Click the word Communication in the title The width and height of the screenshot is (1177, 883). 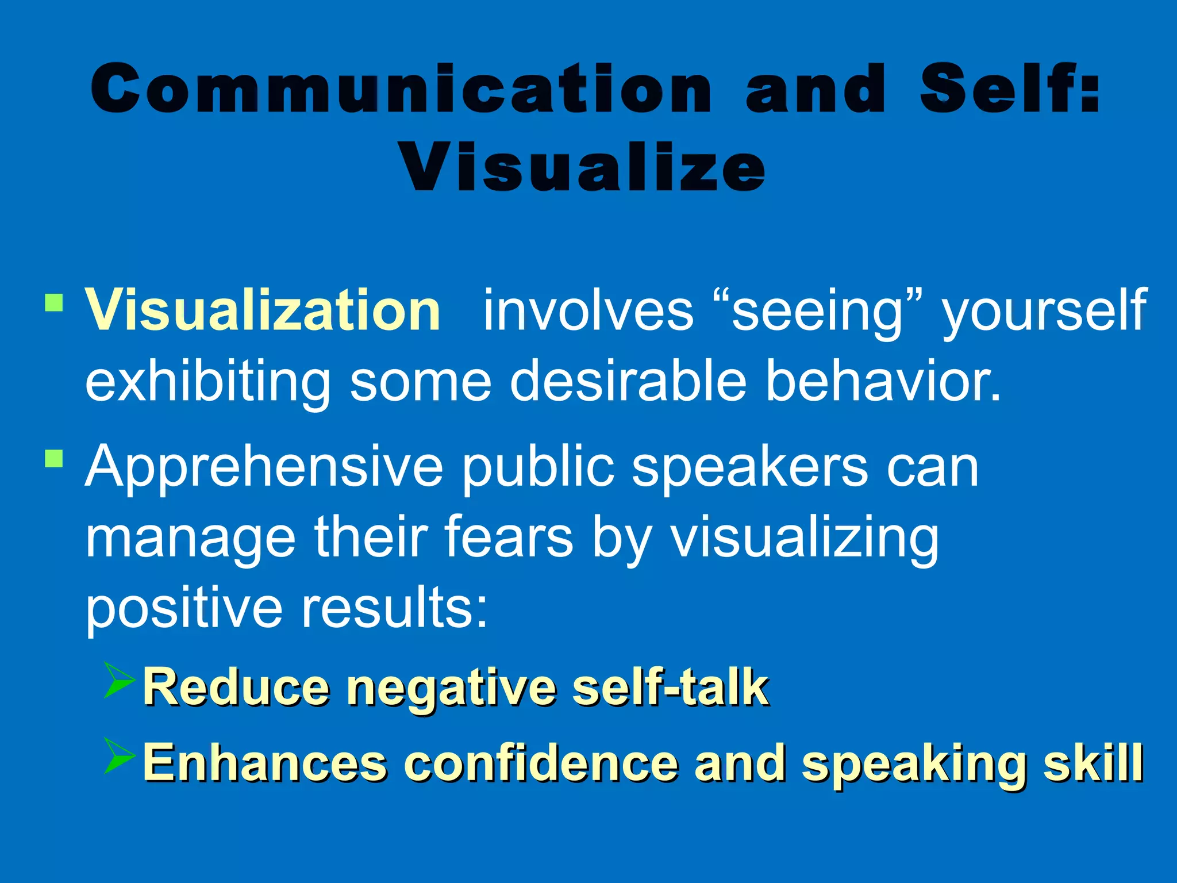[401, 89]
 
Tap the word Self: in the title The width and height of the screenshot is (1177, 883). [1010, 89]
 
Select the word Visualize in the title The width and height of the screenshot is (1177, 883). [583, 167]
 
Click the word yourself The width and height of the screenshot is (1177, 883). [1044, 311]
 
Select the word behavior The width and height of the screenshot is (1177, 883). [883, 381]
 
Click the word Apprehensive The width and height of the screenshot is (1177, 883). [264, 467]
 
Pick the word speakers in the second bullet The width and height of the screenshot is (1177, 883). [749, 467]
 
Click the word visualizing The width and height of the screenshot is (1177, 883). [805, 538]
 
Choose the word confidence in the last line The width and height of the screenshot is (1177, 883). [541, 763]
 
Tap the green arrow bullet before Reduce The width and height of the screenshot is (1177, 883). [120, 680]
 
